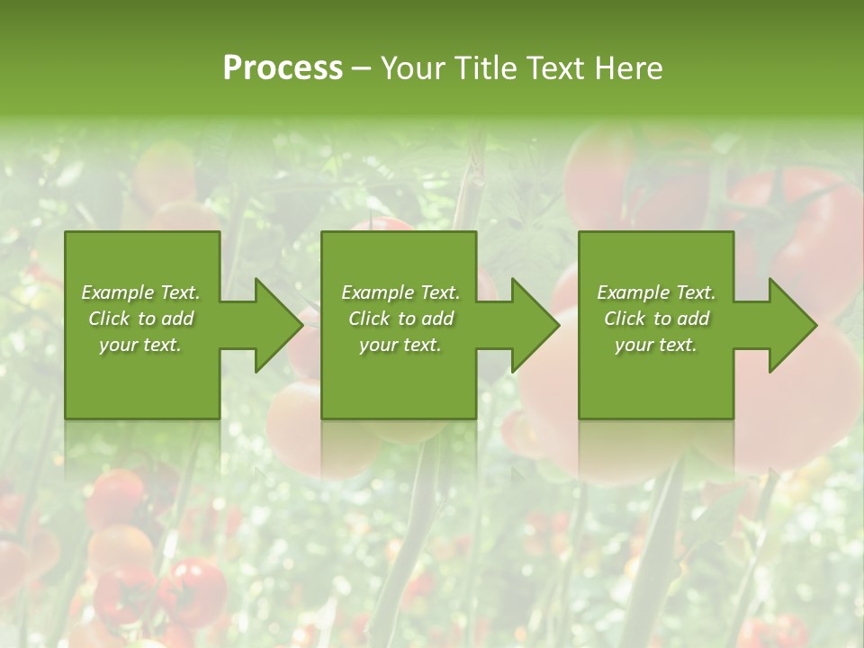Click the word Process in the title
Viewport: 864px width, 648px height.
(x=283, y=68)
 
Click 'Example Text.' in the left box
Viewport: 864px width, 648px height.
(x=140, y=292)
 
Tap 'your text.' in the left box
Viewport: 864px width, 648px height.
(x=140, y=345)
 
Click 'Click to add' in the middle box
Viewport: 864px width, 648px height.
(x=400, y=319)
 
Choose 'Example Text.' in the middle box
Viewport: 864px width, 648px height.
(x=400, y=292)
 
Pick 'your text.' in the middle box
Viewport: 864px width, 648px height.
(x=400, y=345)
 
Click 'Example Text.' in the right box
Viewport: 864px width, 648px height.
(x=656, y=292)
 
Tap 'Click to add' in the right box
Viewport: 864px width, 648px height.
(x=656, y=319)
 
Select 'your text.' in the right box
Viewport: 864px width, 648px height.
(x=656, y=345)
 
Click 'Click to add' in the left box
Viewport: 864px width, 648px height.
(x=140, y=319)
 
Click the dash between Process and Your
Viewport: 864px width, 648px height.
(x=361, y=69)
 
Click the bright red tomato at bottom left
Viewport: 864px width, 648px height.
(x=193, y=589)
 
